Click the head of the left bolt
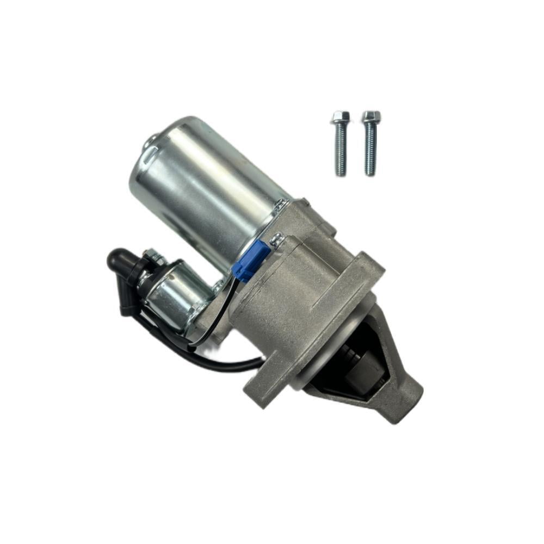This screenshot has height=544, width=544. point(340,116)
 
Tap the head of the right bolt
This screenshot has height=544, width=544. point(371,116)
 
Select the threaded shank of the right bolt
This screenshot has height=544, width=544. point(370,150)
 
